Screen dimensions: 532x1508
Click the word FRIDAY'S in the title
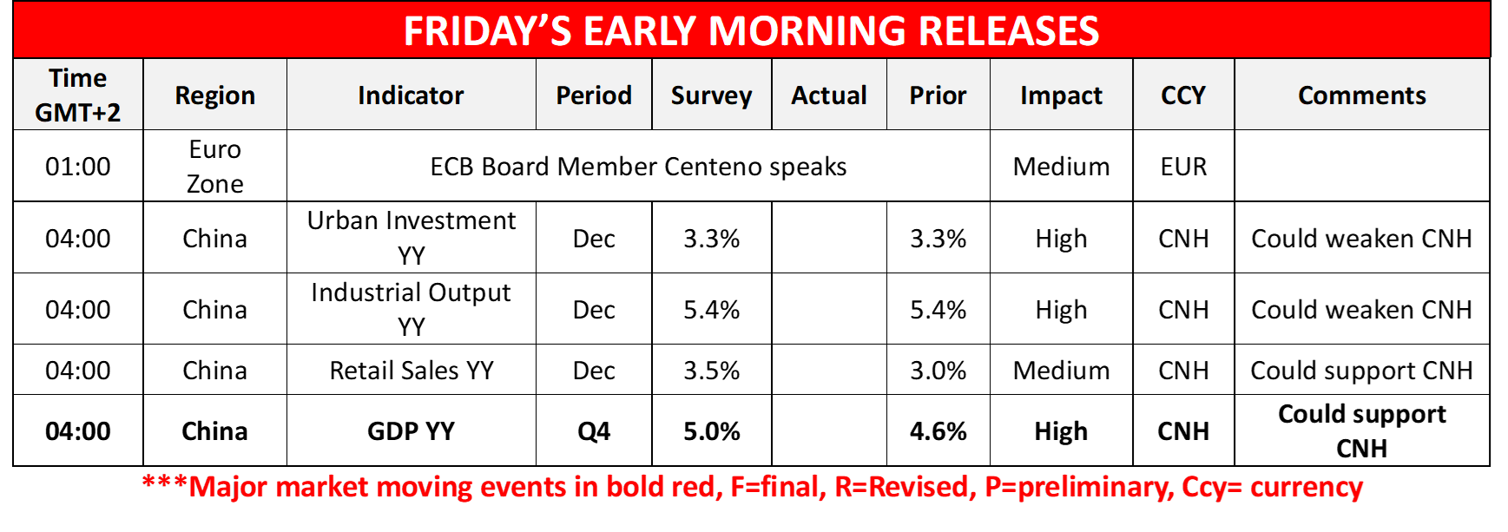[x=487, y=31]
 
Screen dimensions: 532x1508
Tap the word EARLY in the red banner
[x=639, y=31]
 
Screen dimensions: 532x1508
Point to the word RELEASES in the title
[x=1009, y=31]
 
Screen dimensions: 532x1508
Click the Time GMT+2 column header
[x=78, y=95]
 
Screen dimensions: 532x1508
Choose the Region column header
[x=214, y=95]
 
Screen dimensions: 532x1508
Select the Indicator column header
[x=411, y=95]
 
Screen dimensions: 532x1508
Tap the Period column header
[x=594, y=95]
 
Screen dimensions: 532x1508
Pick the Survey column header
[x=711, y=95]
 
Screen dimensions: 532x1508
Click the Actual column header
[x=829, y=95]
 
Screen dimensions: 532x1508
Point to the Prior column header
[x=938, y=95]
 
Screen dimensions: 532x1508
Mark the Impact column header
[x=1061, y=95]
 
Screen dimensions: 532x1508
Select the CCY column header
[x=1183, y=95]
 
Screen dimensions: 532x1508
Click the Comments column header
[x=1361, y=95]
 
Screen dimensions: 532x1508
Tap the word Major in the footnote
[x=227, y=487]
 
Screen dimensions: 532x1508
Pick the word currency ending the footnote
[x=1307, y=487]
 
